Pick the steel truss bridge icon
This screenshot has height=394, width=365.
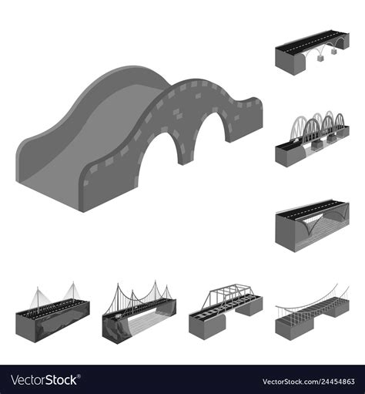point(225,308)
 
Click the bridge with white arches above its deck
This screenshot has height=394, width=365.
point(311,140)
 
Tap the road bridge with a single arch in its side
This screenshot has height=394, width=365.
point(311,224)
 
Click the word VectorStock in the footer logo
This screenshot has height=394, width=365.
point(46,379)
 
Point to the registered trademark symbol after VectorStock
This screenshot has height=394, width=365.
point(82,375)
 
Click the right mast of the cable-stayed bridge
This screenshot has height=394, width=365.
point(73,292)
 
